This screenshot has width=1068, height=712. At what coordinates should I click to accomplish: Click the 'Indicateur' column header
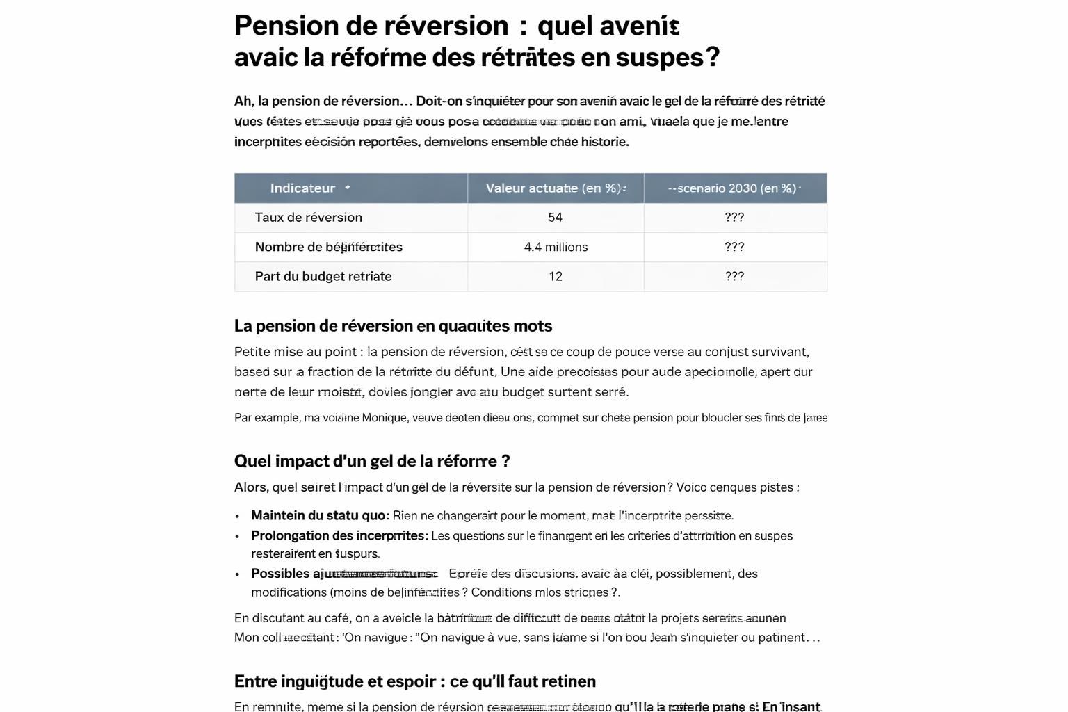[302, 188]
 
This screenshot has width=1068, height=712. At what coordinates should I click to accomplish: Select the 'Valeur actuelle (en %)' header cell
[555, 188]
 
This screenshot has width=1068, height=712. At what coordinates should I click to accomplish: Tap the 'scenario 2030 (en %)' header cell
[734, 188]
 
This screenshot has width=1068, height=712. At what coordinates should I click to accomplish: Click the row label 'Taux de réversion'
[308, 218]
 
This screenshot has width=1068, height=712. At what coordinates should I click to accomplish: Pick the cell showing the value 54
[555, 218]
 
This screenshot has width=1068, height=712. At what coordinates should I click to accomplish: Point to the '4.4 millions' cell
[556, 247]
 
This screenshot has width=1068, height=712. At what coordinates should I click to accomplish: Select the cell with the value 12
[555, 276]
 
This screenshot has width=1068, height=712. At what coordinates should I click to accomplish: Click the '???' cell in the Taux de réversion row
[734, 218]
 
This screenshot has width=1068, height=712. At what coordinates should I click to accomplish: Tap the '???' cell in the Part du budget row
[734, 276]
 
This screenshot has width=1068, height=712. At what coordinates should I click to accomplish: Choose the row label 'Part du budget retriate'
[323, 276]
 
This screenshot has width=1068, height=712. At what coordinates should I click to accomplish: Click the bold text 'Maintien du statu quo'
[318, 515]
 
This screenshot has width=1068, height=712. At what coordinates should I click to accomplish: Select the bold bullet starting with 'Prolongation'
[338, 535]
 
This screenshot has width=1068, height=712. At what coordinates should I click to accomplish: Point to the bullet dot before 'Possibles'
[237, 574]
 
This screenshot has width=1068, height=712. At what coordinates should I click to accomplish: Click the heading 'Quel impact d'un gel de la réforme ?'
[372, 461]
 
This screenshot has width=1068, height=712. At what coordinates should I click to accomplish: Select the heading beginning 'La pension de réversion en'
[393, 326]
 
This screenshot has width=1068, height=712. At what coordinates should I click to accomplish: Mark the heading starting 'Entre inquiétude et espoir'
[414, 681]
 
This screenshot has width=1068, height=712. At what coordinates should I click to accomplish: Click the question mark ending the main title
[712, 57]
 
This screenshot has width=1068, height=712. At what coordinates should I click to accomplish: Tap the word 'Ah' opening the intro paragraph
[243, 102]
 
